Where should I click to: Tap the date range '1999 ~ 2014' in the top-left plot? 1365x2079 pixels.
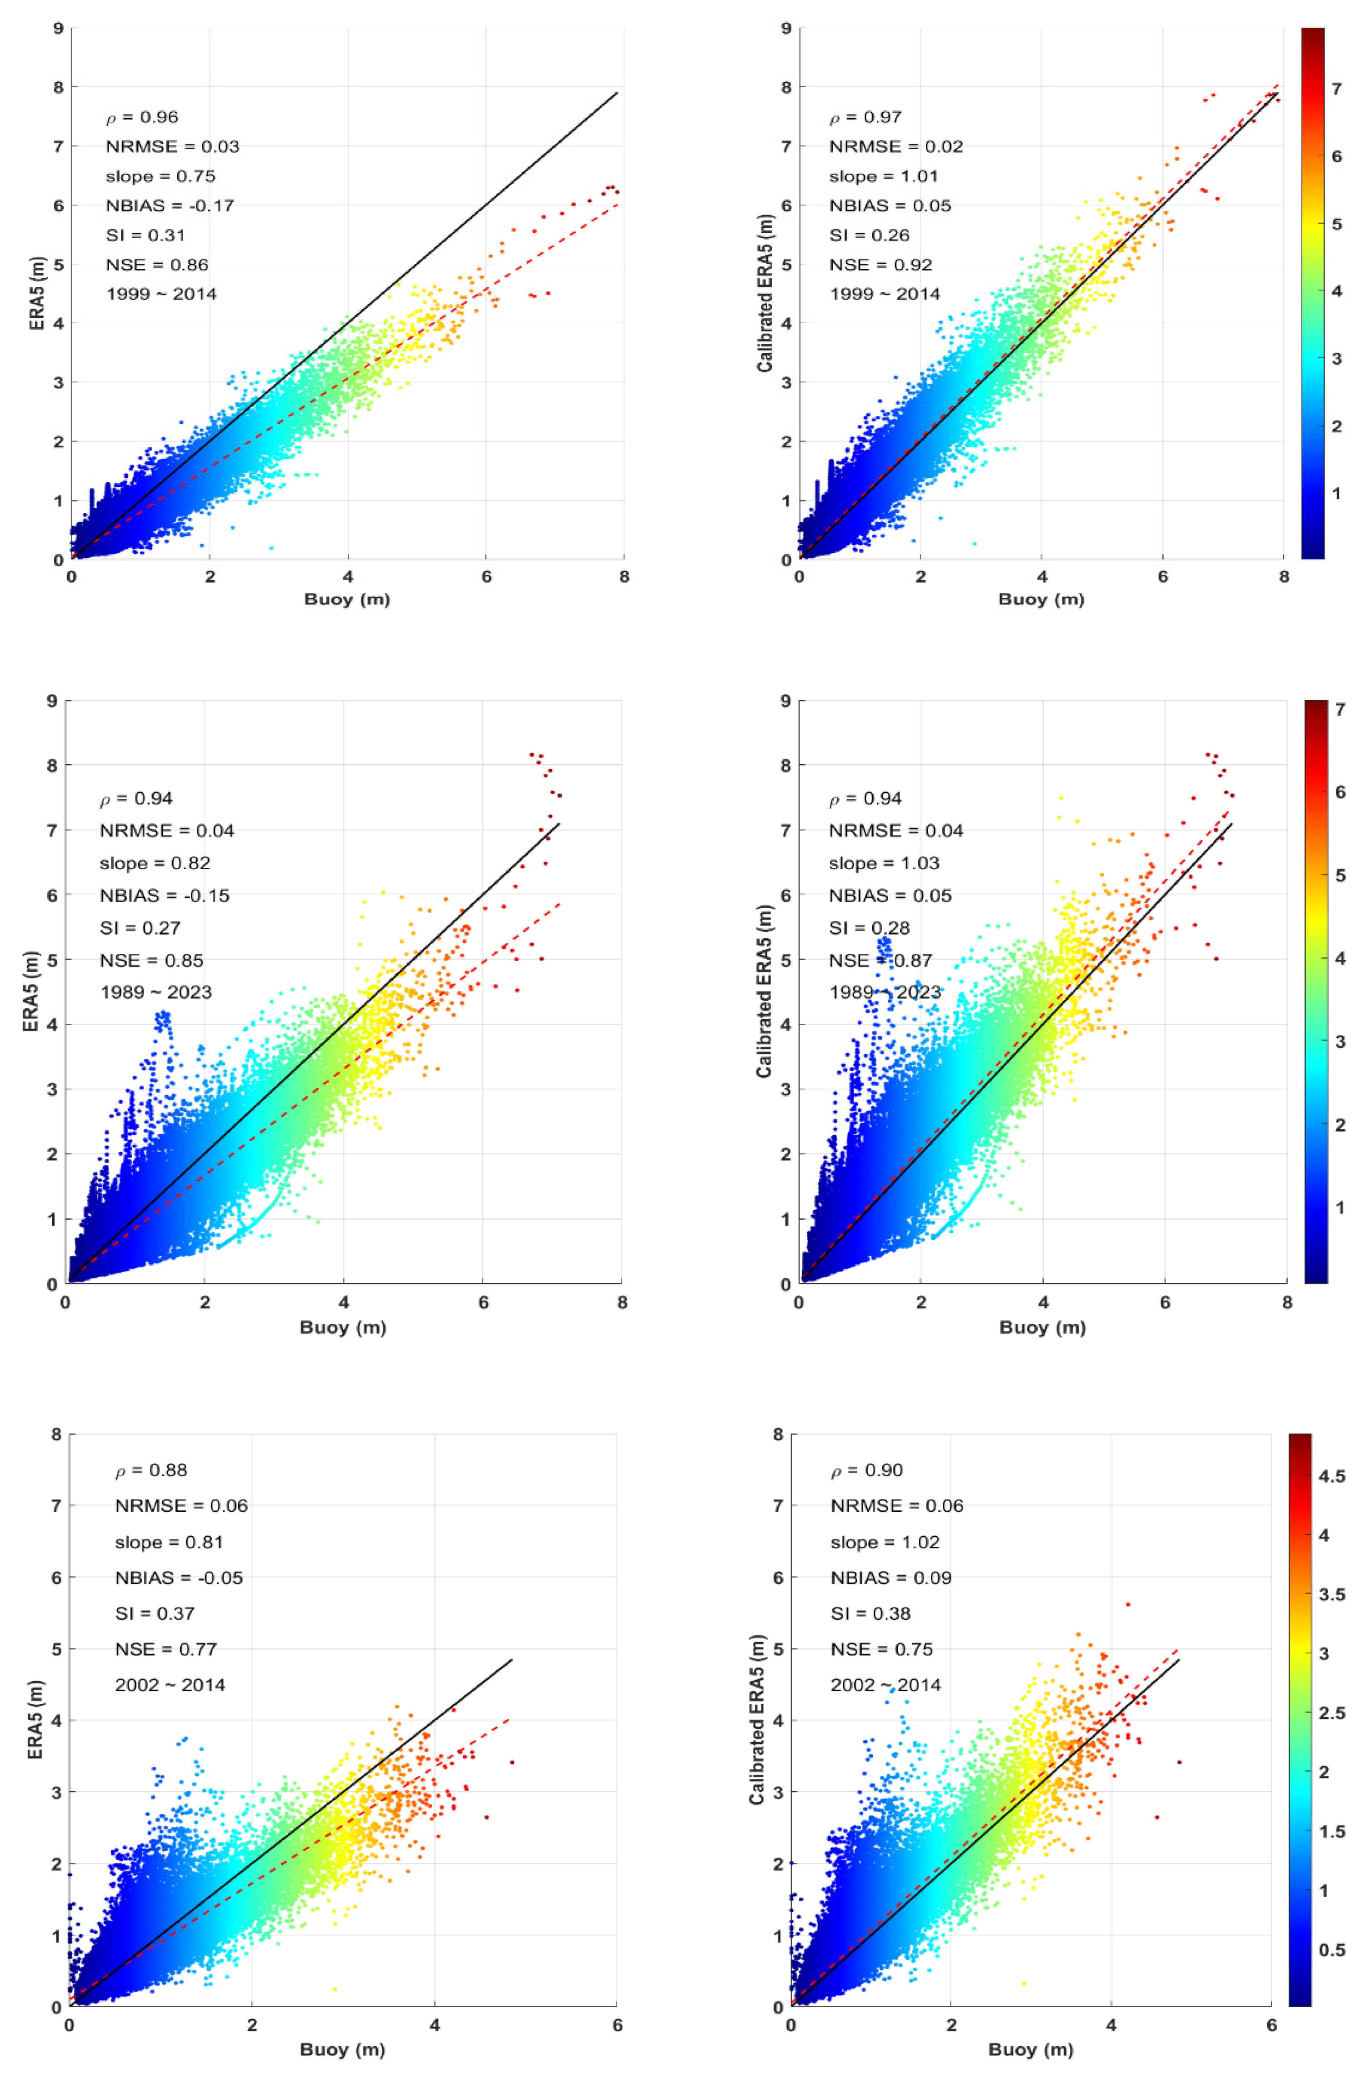161,295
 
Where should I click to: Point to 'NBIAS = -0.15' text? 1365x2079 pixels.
164,895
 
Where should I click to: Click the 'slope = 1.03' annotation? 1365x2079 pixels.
884,863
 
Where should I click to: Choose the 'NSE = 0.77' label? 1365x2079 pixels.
166,1649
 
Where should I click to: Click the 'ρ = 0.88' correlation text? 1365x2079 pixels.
151,1470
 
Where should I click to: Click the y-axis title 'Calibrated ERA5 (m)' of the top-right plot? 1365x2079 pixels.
765,294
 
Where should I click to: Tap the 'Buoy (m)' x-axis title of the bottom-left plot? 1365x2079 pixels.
342,2049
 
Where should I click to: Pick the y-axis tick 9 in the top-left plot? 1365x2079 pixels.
58,29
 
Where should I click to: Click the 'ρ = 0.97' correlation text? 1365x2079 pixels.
865,117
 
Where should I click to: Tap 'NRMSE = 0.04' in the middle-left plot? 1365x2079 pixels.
167,831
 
